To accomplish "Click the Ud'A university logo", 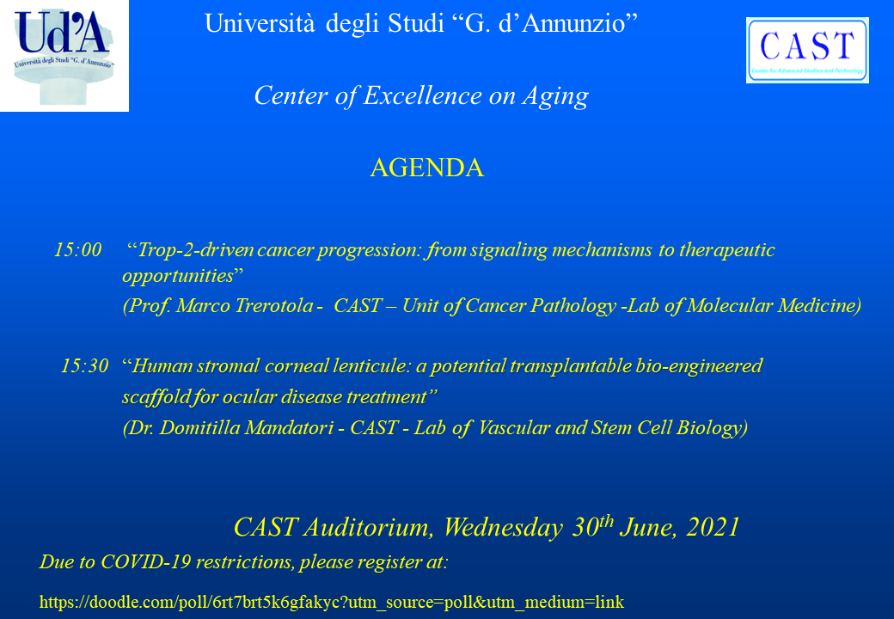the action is [x=64, y=56].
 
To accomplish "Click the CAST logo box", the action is [x=807, y=50].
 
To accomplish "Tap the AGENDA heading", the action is [x=427, y=168].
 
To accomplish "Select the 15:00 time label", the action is [x=77, y=249].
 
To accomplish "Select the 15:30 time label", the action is [x=84, y=365].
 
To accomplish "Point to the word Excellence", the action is [x=422, y=95].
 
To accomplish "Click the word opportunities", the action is [x=179, y=277].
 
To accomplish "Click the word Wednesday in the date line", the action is [x=504, y=527].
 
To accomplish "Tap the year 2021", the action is [x=713, y=527].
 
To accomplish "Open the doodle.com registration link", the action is [x=332, y=602].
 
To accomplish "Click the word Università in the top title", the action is [x=260, y=24].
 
